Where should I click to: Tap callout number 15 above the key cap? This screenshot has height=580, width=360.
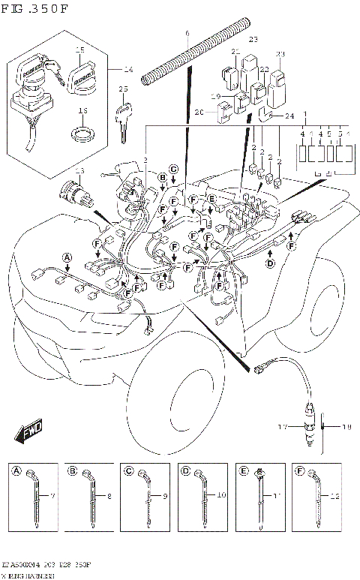click(x=80, y=50)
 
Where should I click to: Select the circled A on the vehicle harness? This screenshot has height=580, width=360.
click(x=67, y=257)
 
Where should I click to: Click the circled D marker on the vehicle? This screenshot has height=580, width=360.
click(x=271, y=263)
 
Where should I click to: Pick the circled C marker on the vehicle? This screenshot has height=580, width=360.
click(x=172, y=169)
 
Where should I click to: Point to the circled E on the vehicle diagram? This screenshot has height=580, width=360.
click(x=212, y=199)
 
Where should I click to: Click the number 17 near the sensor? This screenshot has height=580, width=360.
click(x=283, y=428)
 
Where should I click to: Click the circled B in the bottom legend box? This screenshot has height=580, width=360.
click(x=73, y=471)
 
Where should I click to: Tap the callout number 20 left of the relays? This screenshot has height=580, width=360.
click(x=199, y=113)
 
